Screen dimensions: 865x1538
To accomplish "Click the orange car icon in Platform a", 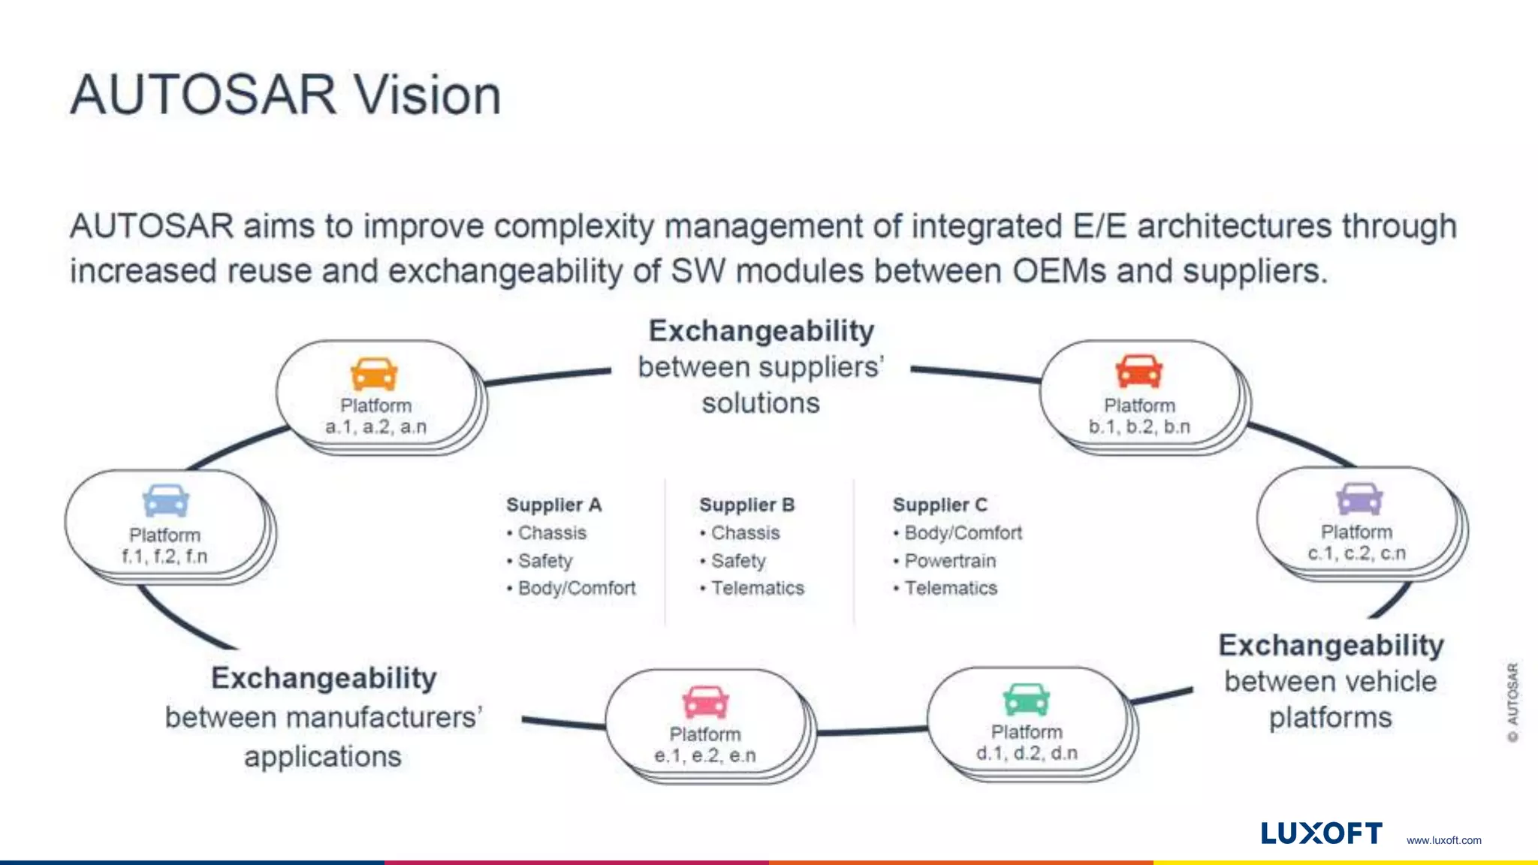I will (x=374, y=374).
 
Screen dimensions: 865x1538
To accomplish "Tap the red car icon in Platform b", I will (x=1138, y=372).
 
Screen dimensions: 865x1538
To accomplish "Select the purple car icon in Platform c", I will (x=1359, y=499).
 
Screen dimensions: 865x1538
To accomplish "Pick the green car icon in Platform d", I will (x=1027, y=699).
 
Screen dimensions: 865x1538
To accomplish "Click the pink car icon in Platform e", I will (x=705, y=702).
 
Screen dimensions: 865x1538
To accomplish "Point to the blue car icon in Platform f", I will (x=166, y=501).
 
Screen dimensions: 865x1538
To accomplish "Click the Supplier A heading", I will (x=553, y=505).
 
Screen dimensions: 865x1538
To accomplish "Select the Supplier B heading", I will (x=746, y=505).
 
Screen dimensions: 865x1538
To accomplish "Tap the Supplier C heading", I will (x=939, y=505).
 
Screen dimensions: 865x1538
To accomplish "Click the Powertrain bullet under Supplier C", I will (x=950, y=561).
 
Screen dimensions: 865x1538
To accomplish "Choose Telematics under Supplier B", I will (x=757, y=589).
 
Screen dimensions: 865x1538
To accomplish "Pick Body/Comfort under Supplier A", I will (x=576, y=589).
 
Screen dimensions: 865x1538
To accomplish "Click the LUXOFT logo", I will (x=1321, y=833).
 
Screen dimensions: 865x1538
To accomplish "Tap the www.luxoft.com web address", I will (x=1443, y=840).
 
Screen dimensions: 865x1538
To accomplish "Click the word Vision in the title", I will (x=427, y=95).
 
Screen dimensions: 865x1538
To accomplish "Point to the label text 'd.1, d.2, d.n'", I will (x=1027, y=753).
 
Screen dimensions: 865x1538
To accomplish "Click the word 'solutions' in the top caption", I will (x=761, y=403).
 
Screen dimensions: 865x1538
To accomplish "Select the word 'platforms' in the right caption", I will (x=1330, y=718).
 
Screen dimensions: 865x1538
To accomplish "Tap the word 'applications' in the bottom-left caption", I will (x=323, y=757).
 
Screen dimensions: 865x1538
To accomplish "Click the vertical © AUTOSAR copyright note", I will (x=1512, y=702).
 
